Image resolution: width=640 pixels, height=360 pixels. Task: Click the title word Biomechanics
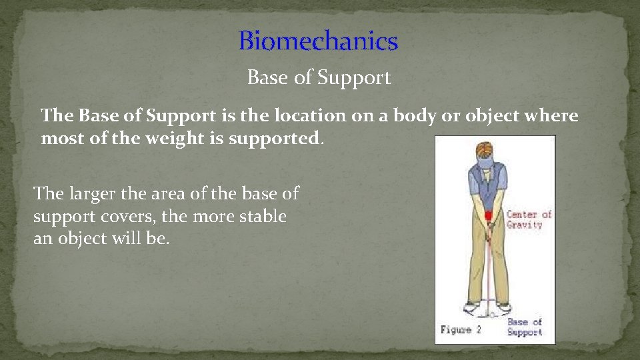(319, 41)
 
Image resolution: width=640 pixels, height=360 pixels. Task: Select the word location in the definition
(313, 115)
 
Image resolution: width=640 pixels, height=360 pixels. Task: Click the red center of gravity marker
(488, 215)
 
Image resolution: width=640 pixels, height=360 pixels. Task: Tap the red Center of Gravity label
(529, 219)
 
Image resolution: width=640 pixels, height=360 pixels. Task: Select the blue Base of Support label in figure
(525, 327)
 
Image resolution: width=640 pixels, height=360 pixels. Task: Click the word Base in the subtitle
(268, 78)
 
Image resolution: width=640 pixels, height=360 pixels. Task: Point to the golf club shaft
(491, 267)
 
